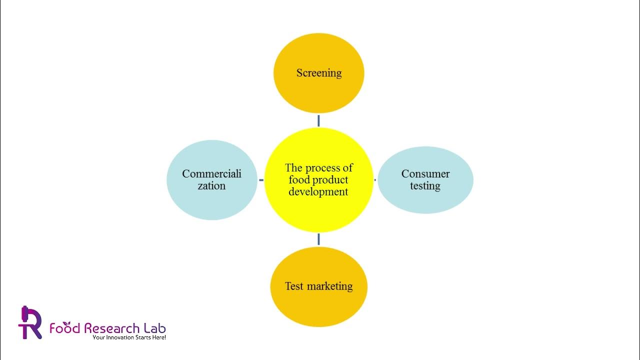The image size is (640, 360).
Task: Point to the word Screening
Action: click(x=318, y=73)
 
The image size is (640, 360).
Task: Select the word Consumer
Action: click(x=425, y=174)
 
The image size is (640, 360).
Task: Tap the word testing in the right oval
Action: click(x=425, y=186)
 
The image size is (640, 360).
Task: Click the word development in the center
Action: click(x=318, y=191)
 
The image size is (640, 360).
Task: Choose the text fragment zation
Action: click(x=211, y=186)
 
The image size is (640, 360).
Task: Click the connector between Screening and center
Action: click(x=318, y=120)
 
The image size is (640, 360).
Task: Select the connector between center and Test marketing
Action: click(x=318, y=239)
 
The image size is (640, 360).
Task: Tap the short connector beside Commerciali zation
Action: click(x=260, y=179)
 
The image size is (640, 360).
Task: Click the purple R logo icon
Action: click(x=29, y=322)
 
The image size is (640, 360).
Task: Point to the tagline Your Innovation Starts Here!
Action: click(x=129, y=338)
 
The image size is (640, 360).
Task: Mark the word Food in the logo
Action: click(x=65, y=328)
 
